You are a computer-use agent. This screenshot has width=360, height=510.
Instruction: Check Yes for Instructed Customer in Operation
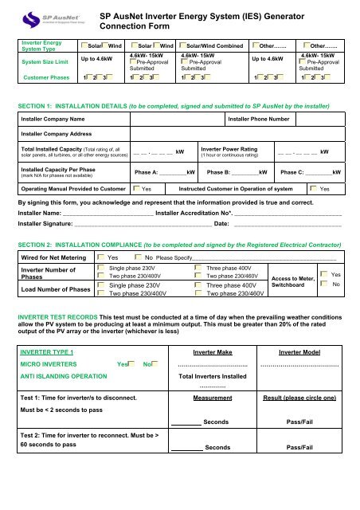click(x=312, y=189)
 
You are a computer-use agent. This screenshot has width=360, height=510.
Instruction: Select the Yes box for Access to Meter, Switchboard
click(x=324, y=274)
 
